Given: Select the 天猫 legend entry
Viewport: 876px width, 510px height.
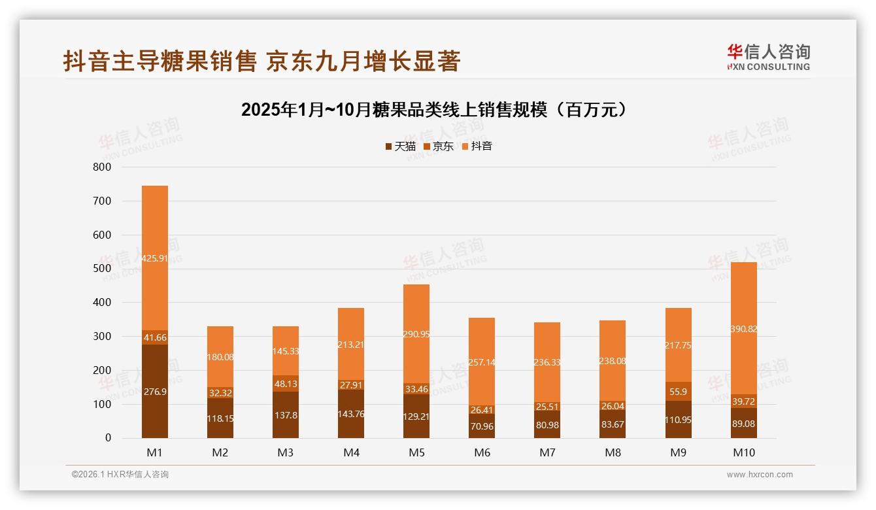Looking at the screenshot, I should click(x=400, y=146).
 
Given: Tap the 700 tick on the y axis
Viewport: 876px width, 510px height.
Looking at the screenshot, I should click(x=103, y=201).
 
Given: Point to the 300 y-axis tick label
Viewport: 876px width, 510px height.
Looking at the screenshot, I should click(x=103, y=336).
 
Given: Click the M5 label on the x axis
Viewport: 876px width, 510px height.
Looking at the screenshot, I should click(x=416, y=452).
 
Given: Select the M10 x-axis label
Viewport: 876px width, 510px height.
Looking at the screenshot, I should click(x=744, y=452).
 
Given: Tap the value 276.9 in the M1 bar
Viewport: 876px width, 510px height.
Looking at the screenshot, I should click(x=155, y=392).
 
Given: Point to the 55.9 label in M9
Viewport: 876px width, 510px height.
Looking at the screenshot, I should click(x=678, y=392).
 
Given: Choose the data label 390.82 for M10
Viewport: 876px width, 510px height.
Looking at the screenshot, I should click(x=743, y=329).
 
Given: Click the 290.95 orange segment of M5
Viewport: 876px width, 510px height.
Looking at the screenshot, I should click(x=416, y=334).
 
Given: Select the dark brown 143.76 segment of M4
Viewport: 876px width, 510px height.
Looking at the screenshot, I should click(x=351, y=414).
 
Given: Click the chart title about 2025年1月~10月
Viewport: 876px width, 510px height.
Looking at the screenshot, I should click(x=437, y=110).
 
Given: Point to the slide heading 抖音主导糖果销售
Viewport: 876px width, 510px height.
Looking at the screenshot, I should click(x=262, y=61).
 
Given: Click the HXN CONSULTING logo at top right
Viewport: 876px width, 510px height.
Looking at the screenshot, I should click(x=768, y=58).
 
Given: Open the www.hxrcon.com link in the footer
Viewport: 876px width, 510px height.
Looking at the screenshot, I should click(x=760, y=475).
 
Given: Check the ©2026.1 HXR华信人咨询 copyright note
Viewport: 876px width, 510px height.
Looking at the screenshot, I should click(x=120, y=475).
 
